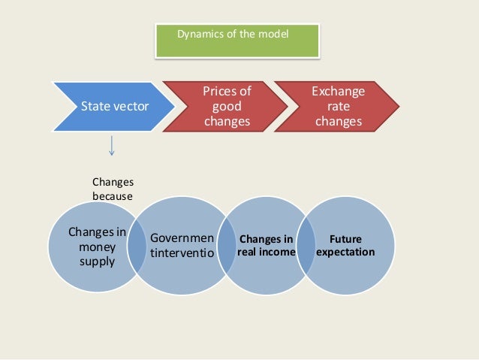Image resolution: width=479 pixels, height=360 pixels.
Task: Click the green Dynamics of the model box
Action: tap(236, 41)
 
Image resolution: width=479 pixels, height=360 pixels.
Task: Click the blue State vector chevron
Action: tap(113, 107)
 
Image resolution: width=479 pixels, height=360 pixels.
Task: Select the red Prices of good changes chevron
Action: tap(225, 107)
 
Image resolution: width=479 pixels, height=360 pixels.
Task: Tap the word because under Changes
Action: tap(112, 196)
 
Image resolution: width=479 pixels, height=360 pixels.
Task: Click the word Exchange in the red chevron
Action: tap(339, 92)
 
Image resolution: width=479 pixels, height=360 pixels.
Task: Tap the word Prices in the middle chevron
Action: tap(227, 92)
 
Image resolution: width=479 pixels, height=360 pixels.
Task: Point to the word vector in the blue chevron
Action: tap(131, 107)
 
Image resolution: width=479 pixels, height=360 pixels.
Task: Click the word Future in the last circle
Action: tap(345, 239)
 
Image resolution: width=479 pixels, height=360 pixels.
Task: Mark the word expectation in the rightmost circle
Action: tap(345, 253)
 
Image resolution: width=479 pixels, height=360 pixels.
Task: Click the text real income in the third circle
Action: tap(266, 253)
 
